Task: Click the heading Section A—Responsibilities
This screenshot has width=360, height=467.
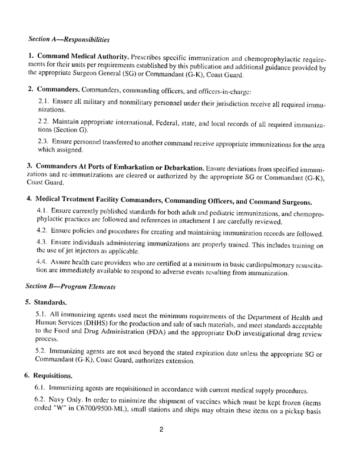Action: pos(69,40)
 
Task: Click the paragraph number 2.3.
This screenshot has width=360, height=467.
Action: pos(44,142)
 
